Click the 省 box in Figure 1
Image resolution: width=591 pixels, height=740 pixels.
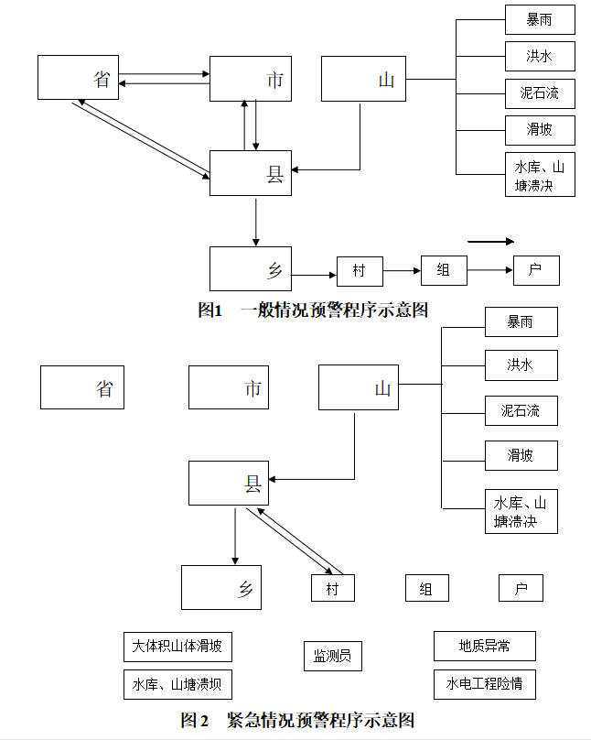point(79,78)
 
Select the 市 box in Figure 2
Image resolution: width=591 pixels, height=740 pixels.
point(229,387)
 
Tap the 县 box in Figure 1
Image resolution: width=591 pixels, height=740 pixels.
point(251,173)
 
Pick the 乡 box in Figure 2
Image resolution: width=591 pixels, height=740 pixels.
point(220,587)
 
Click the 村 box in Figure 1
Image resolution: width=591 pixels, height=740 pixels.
point(360,271)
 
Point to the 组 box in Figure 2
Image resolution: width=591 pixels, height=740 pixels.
point(426,588)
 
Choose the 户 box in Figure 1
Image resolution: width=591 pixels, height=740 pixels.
point(535,270)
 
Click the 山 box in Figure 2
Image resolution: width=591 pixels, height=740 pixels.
point(359,387)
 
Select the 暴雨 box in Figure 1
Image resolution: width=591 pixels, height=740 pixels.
point(540,19)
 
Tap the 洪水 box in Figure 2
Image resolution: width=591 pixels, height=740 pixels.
point(521,365)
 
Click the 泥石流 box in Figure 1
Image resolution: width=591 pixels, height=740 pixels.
point(540,92)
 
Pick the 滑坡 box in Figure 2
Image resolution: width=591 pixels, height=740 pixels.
point(521,454)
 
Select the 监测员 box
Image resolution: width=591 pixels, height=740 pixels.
point(333,656)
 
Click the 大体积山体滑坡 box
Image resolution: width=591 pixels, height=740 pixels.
point(177,647)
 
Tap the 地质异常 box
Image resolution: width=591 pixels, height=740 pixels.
point(484,646)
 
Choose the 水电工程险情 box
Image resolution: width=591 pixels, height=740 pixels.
point(484,684)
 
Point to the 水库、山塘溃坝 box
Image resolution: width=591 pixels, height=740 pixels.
point(177,684)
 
